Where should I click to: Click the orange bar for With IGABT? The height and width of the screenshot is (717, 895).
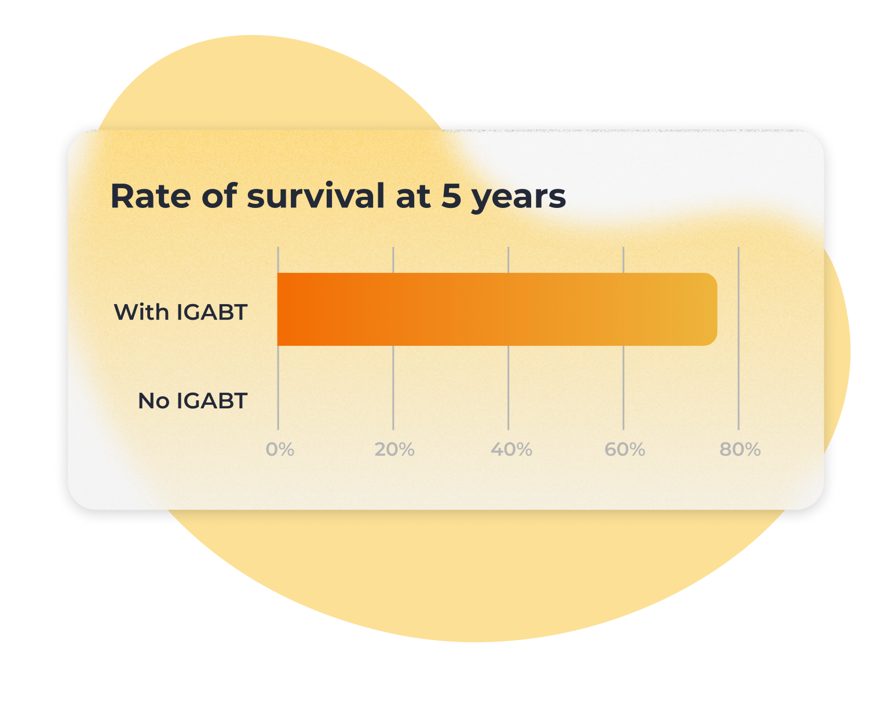pos(497,309)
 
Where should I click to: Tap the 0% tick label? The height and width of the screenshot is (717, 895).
pos(280,449)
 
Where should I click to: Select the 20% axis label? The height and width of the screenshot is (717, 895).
pos(394,449)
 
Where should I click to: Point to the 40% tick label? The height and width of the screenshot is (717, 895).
pos(511,449)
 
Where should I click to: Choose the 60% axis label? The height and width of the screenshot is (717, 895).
pos(624,449)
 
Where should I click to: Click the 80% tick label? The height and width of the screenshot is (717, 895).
pos(740,449)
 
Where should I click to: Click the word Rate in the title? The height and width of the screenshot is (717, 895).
pos(151,196)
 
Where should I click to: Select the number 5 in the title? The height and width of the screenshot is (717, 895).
pos(451,196)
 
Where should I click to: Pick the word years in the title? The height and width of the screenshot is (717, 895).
pos(518,199)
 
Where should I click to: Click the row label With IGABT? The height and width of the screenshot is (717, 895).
pos(181,312)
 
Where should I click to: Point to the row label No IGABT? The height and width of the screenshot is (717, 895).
pos(192,401)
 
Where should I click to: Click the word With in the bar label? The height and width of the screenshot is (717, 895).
pos(141,312)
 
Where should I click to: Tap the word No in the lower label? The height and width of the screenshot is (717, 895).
pos(154,401)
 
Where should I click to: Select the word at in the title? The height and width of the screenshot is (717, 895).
pos(412,197)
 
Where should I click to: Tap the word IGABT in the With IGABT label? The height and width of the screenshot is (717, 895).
pos(212,312)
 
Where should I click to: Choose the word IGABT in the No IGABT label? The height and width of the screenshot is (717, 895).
pos(212,401)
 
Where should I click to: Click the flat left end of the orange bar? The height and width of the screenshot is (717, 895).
pos(278,309)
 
